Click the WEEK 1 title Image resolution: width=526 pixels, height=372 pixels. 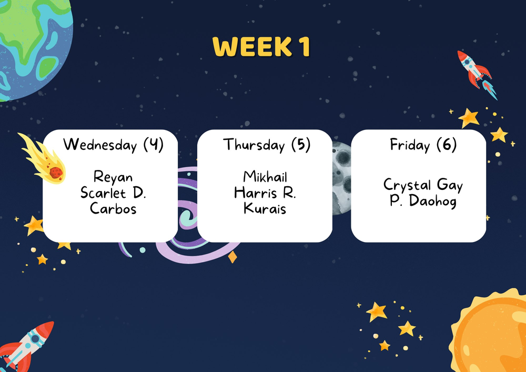[261, 47]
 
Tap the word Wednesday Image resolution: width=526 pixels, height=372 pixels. [100, 145]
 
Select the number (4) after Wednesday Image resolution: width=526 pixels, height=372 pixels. [154, 145]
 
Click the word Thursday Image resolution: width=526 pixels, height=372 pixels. [254, 145]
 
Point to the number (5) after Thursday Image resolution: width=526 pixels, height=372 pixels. [301, 145]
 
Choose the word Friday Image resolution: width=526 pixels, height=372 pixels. [410, 145]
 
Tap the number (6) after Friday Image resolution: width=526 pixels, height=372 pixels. [447, 145]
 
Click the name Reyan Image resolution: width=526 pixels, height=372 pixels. [113, 177]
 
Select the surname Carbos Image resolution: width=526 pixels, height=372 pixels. [114, 209]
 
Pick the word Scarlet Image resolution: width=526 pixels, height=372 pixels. [99, 193]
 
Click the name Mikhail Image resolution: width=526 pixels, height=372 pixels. [265, 177]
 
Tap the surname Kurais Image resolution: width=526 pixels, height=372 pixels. [265, 209]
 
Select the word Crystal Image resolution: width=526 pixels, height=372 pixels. [407, 185]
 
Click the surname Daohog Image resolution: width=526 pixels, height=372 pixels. [433, 201]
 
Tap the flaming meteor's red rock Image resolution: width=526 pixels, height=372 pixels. [56, 173]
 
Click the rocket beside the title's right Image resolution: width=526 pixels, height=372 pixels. [477, 75]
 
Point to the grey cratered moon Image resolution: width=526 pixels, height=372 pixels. [342, 178]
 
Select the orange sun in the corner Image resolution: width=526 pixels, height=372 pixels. [489, 331]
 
